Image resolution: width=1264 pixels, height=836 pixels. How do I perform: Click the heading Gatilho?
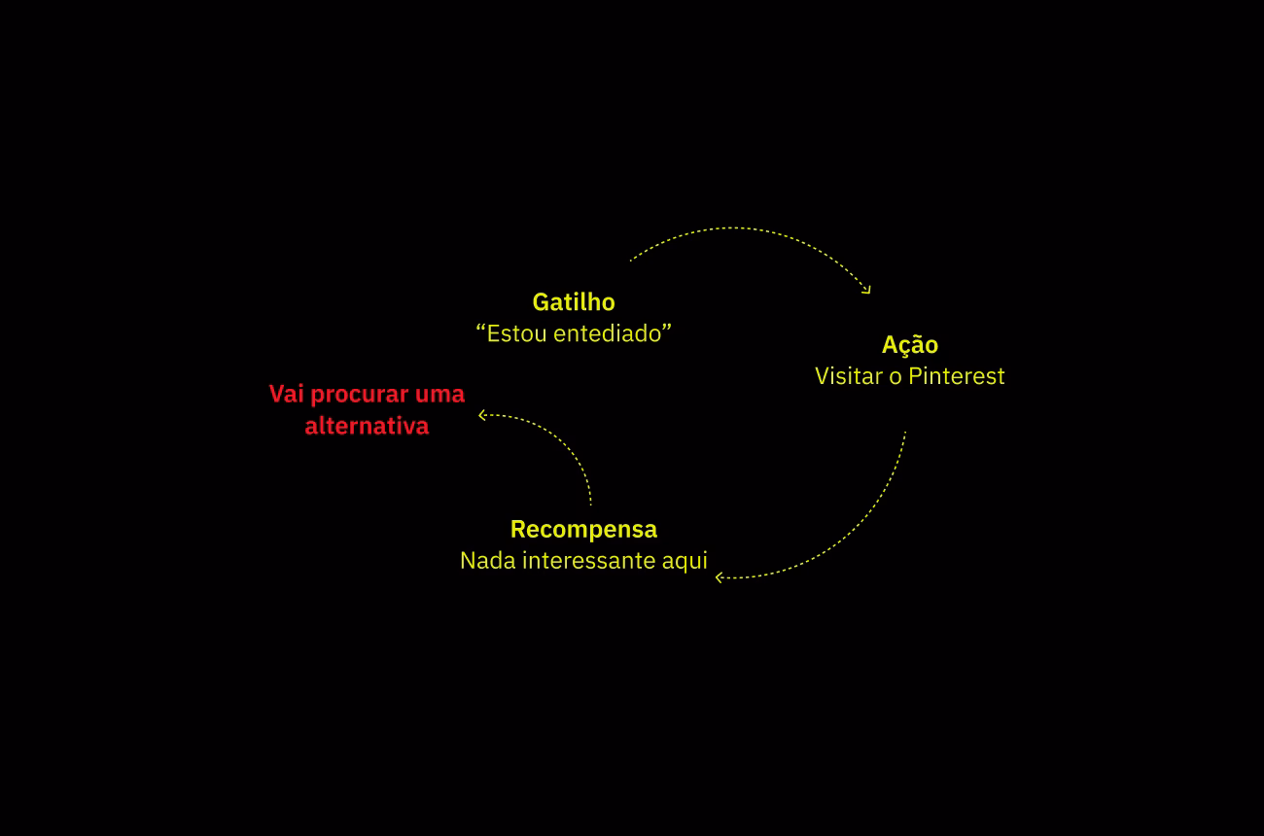coord(574,301)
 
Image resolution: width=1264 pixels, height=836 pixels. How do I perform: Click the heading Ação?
coord(910,345)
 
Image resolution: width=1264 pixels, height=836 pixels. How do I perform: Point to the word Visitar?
coord(849,376)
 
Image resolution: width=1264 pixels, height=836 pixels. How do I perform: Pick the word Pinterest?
coord(957,376)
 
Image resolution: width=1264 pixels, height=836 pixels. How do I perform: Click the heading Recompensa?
coord(583,530)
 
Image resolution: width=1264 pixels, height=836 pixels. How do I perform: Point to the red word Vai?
coord(286,395)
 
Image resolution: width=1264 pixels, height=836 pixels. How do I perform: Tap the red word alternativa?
coord(367,426)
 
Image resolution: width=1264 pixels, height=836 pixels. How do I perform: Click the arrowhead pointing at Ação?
coord(866,290)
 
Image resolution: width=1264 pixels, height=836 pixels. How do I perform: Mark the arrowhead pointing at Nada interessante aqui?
coord(720,577)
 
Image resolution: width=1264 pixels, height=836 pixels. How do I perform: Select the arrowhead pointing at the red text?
coord(482,415)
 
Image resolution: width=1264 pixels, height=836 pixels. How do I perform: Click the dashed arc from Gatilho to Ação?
coord(739,228)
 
